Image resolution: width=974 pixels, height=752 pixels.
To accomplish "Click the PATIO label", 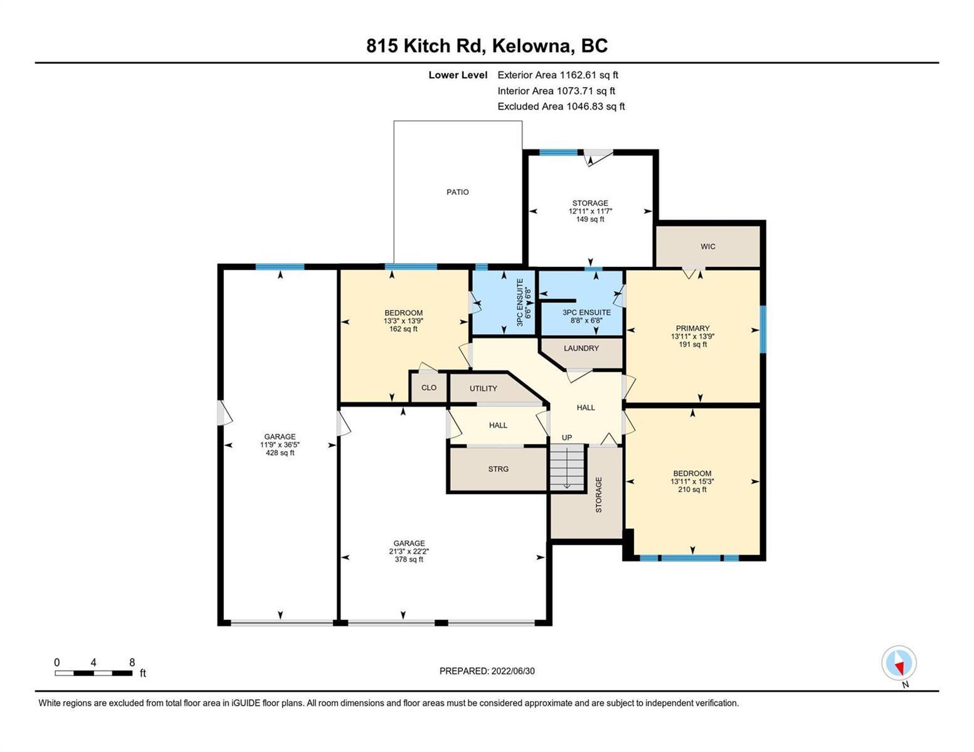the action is click(457, 192).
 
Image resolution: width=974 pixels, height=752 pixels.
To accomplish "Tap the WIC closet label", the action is click(707, 246).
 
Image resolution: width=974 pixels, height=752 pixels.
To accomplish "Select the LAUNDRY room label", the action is click(581, 348).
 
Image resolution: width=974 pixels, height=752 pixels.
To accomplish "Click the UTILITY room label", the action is click(483, 389).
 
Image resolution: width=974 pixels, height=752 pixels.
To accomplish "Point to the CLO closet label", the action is click(428, 387).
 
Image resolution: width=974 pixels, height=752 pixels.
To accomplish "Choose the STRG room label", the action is click(498, 469).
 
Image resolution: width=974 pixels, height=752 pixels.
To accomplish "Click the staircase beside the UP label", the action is click(567, 467).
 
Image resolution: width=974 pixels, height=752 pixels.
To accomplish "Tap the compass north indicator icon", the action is click(899, 663).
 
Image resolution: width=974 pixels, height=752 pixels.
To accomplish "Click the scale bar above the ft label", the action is click(93, 673).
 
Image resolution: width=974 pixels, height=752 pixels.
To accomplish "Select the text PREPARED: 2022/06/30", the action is click(487, 671).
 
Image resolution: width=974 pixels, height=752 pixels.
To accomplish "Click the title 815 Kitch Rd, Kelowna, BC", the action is click(487, 46).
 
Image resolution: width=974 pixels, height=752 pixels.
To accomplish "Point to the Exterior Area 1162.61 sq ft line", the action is click(558, 75).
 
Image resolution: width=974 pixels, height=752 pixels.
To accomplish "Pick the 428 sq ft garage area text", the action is click(280, 453).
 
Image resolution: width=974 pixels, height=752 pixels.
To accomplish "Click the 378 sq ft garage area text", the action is click(409, 560).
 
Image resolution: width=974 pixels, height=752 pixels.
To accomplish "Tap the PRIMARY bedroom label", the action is click(692, 328).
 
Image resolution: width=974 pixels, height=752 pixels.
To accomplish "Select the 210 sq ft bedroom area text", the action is click(692, 489).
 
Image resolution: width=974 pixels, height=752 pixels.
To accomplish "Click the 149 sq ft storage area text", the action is click(590, 219).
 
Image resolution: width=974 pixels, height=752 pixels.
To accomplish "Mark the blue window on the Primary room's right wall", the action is click(763, 329).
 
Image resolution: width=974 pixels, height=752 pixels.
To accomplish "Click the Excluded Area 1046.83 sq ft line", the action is click(561, 107).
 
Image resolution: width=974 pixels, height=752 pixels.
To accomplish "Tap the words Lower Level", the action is click(458, 75).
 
